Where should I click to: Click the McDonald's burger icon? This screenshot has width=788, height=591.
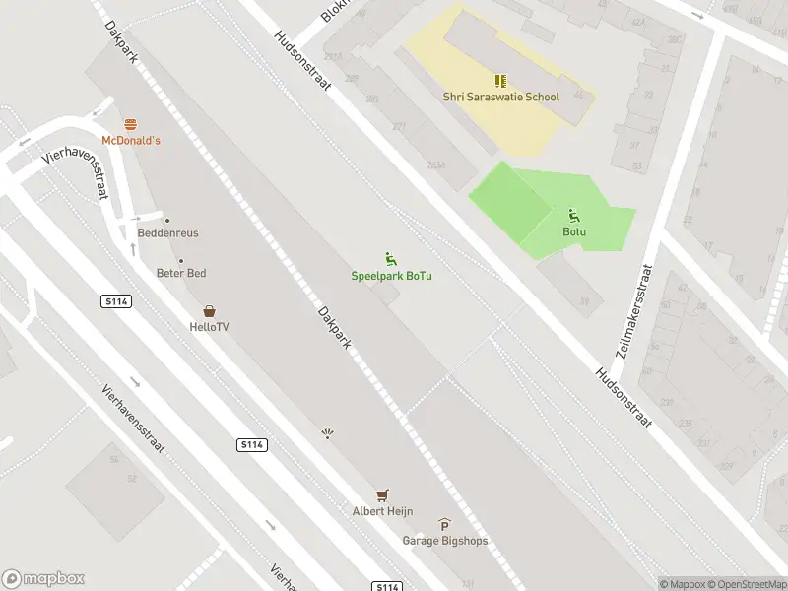coord(130,124)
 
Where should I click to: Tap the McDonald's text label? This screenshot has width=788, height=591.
coord(130,141)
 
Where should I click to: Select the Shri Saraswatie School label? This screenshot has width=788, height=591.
coord(500,97)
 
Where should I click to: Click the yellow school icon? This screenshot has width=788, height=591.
coord(500,81)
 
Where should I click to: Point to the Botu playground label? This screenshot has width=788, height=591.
coord(574,231)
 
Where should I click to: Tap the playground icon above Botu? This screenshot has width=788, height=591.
coord(574,216)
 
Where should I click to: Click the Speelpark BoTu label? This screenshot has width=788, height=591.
coord(392,275)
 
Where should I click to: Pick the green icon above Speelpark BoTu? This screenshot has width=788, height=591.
coord(391,259)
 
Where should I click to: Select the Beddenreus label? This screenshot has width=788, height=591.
coord(167,233)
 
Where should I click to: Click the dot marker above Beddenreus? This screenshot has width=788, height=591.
coord(167,221)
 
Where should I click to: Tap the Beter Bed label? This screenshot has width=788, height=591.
coord(181,273)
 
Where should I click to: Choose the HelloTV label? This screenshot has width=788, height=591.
coord(210,326)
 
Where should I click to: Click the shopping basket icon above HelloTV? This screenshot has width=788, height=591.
coord(210,310)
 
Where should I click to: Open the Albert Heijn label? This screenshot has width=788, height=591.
coord(382,510)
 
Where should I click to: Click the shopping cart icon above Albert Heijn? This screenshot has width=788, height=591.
coord(382,494)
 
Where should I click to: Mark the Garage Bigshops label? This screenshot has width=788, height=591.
coord(444,541)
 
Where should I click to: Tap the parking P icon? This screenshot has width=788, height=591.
coord(444,526)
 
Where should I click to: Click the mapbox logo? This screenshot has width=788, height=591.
coord(43,579)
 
